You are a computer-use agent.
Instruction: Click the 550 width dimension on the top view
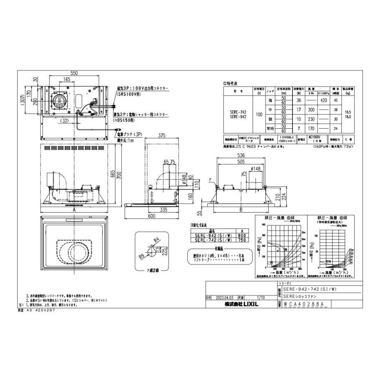pyautogui.click(x=74, y=73)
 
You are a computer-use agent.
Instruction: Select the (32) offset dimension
pyautogui.click(x=64, y=121)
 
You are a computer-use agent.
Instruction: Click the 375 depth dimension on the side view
pyautogui.click(x=163, y=135)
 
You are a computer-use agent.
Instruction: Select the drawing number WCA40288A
pyautogui.click(x=304, y=305)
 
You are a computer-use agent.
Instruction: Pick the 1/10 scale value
pyautogui.click(x=261, y=298)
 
